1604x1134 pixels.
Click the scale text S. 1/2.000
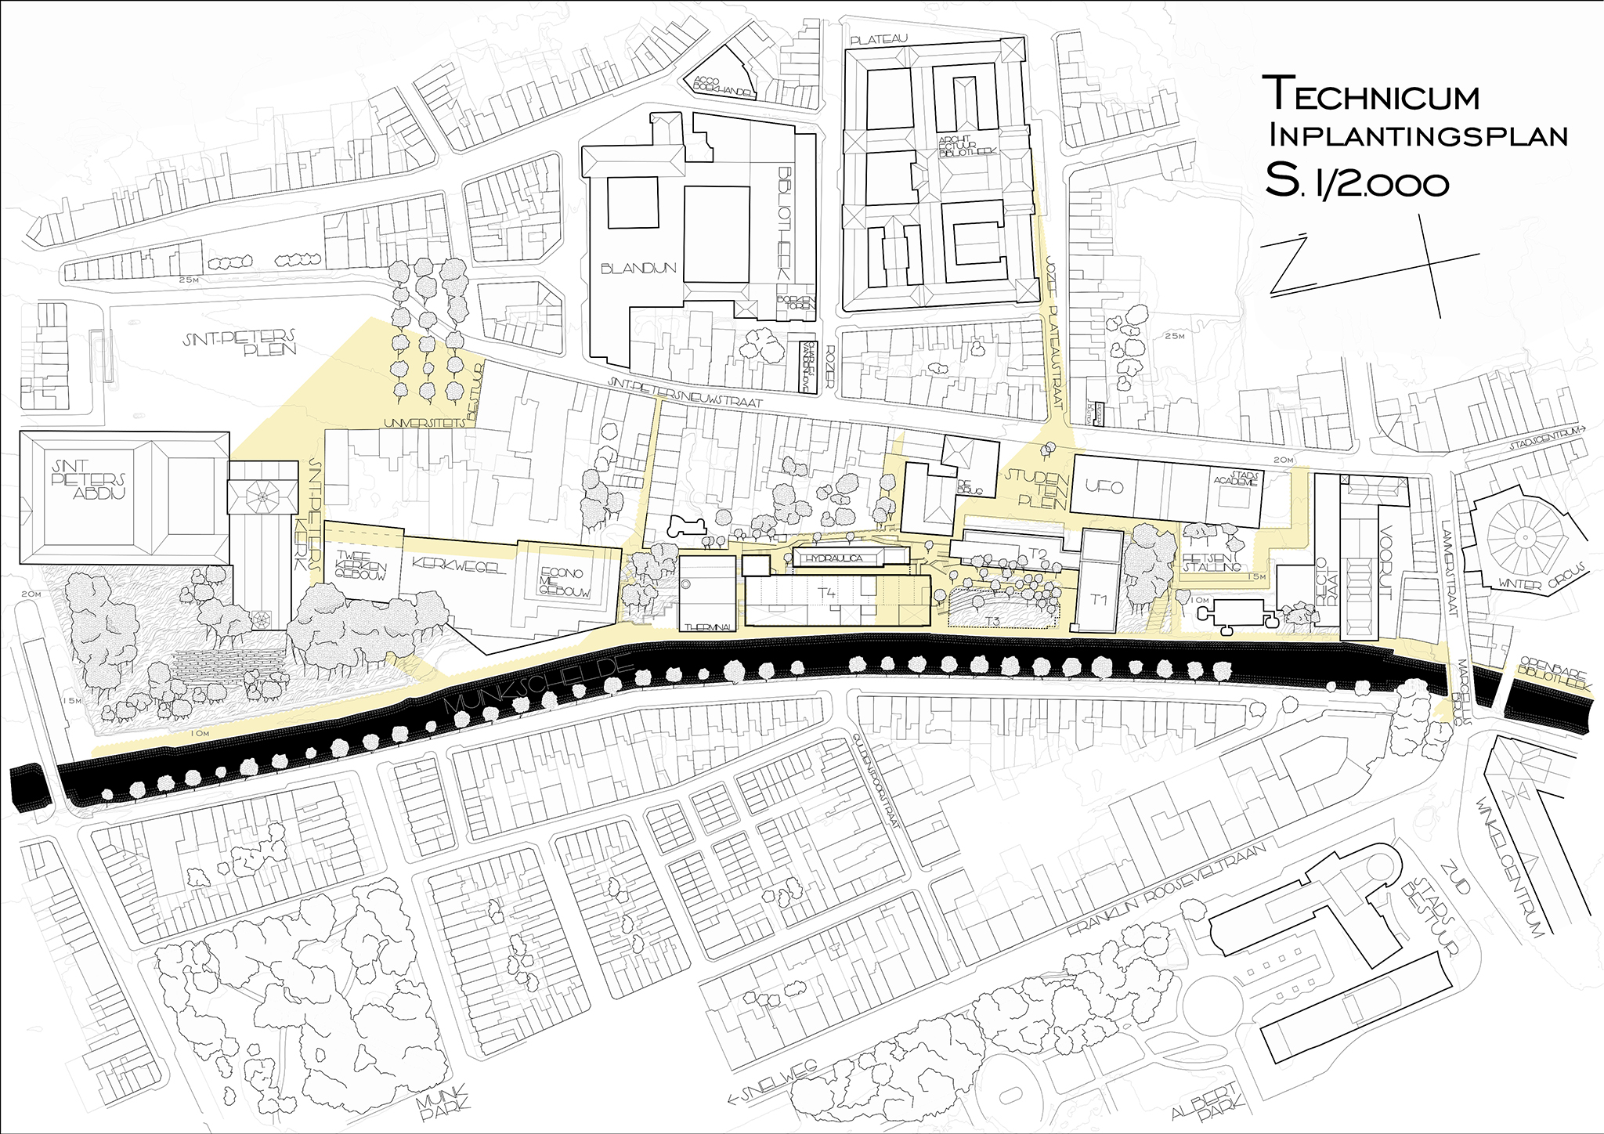pos(1357,182)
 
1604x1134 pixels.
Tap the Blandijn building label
pos(638,269)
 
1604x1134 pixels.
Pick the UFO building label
pos(1104,487)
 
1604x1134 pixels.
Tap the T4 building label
pos(827,593)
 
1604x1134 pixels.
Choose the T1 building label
pos(1098,600)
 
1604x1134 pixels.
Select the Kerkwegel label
pos(458,565)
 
